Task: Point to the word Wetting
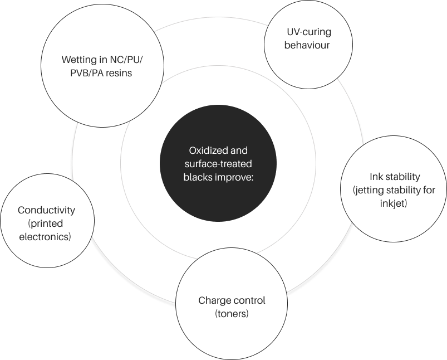pyautogui.click(x=77, y=59)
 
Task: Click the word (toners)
pyautogui.click(x=232, y=314)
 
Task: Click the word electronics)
pyautogui.click(x=46, y=237)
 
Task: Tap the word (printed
pyautogui.click(x=46, y=223)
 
